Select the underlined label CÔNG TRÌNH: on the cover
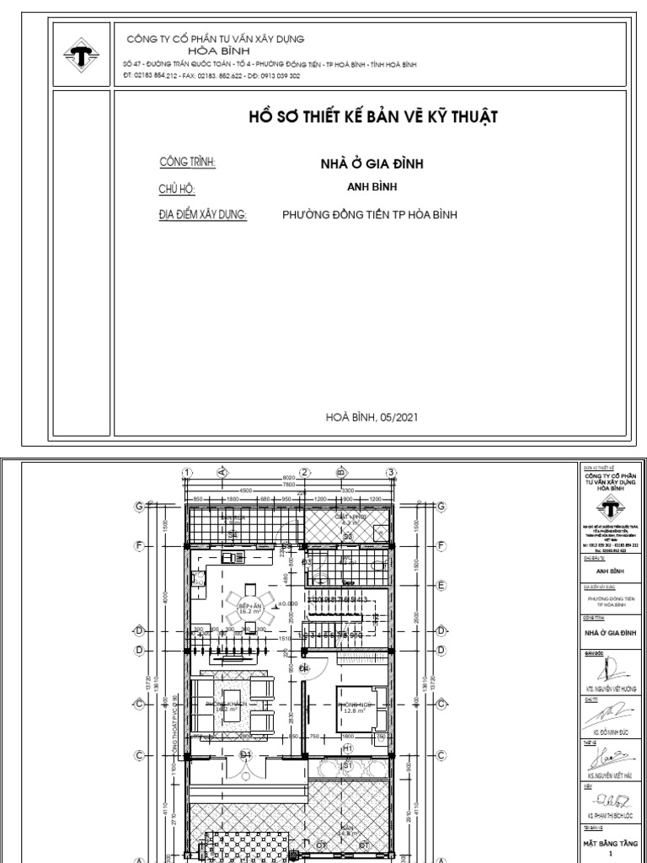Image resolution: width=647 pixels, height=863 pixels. coord(188,162)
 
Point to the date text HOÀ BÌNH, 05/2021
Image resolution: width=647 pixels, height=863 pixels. coord(372,416)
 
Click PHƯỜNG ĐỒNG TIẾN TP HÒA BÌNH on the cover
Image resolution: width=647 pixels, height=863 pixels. coord(370,215)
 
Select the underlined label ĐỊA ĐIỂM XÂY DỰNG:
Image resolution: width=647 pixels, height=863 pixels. coord(203,215)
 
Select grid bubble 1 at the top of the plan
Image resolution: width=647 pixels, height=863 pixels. coord(187,472)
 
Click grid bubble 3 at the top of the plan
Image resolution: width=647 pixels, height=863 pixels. coord(391,472)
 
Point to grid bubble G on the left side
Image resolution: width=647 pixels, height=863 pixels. coord(138,507)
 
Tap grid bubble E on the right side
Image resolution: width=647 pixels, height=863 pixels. coord(441,584)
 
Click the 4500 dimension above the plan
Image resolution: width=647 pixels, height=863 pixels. coord(246,490)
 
